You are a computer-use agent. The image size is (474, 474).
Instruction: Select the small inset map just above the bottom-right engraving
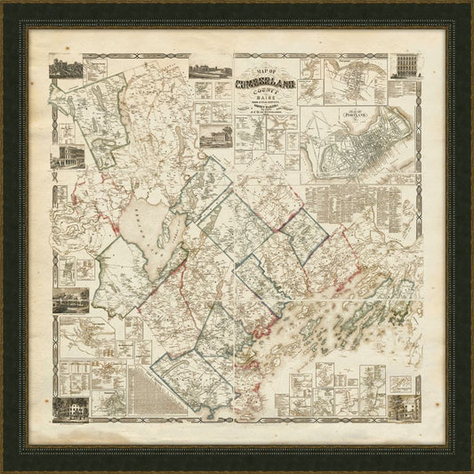[x=406, y=377]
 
